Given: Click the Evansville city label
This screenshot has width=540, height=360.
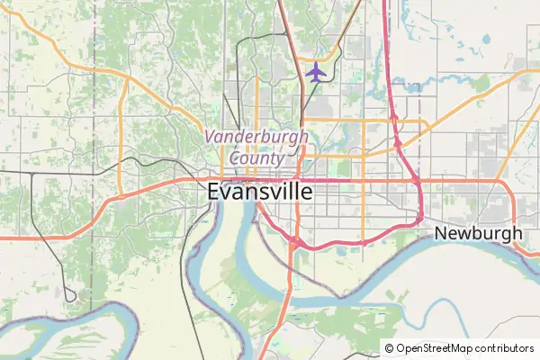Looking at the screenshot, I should [260, 192].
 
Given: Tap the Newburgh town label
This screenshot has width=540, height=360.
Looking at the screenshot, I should [478, 233].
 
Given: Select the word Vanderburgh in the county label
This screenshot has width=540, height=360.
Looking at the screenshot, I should [256, 137].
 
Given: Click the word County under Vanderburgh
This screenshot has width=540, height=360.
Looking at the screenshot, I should [256, 157].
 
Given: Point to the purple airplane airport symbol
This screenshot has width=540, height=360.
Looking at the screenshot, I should [315, 72].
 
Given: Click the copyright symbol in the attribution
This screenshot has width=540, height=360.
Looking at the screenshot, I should [389, 348].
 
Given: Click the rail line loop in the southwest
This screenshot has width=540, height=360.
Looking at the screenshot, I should [70, 294].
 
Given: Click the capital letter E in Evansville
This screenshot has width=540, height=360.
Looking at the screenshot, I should [214, 192].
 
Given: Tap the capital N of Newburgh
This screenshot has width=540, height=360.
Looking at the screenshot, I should [441, 233].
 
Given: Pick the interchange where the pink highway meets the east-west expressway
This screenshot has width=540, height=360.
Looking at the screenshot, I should [419, 181].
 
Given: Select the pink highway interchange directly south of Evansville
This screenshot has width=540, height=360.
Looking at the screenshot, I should [293, 239].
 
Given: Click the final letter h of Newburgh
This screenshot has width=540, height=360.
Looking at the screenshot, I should [517, 233].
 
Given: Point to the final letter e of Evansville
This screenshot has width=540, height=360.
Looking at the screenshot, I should [307, 192].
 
